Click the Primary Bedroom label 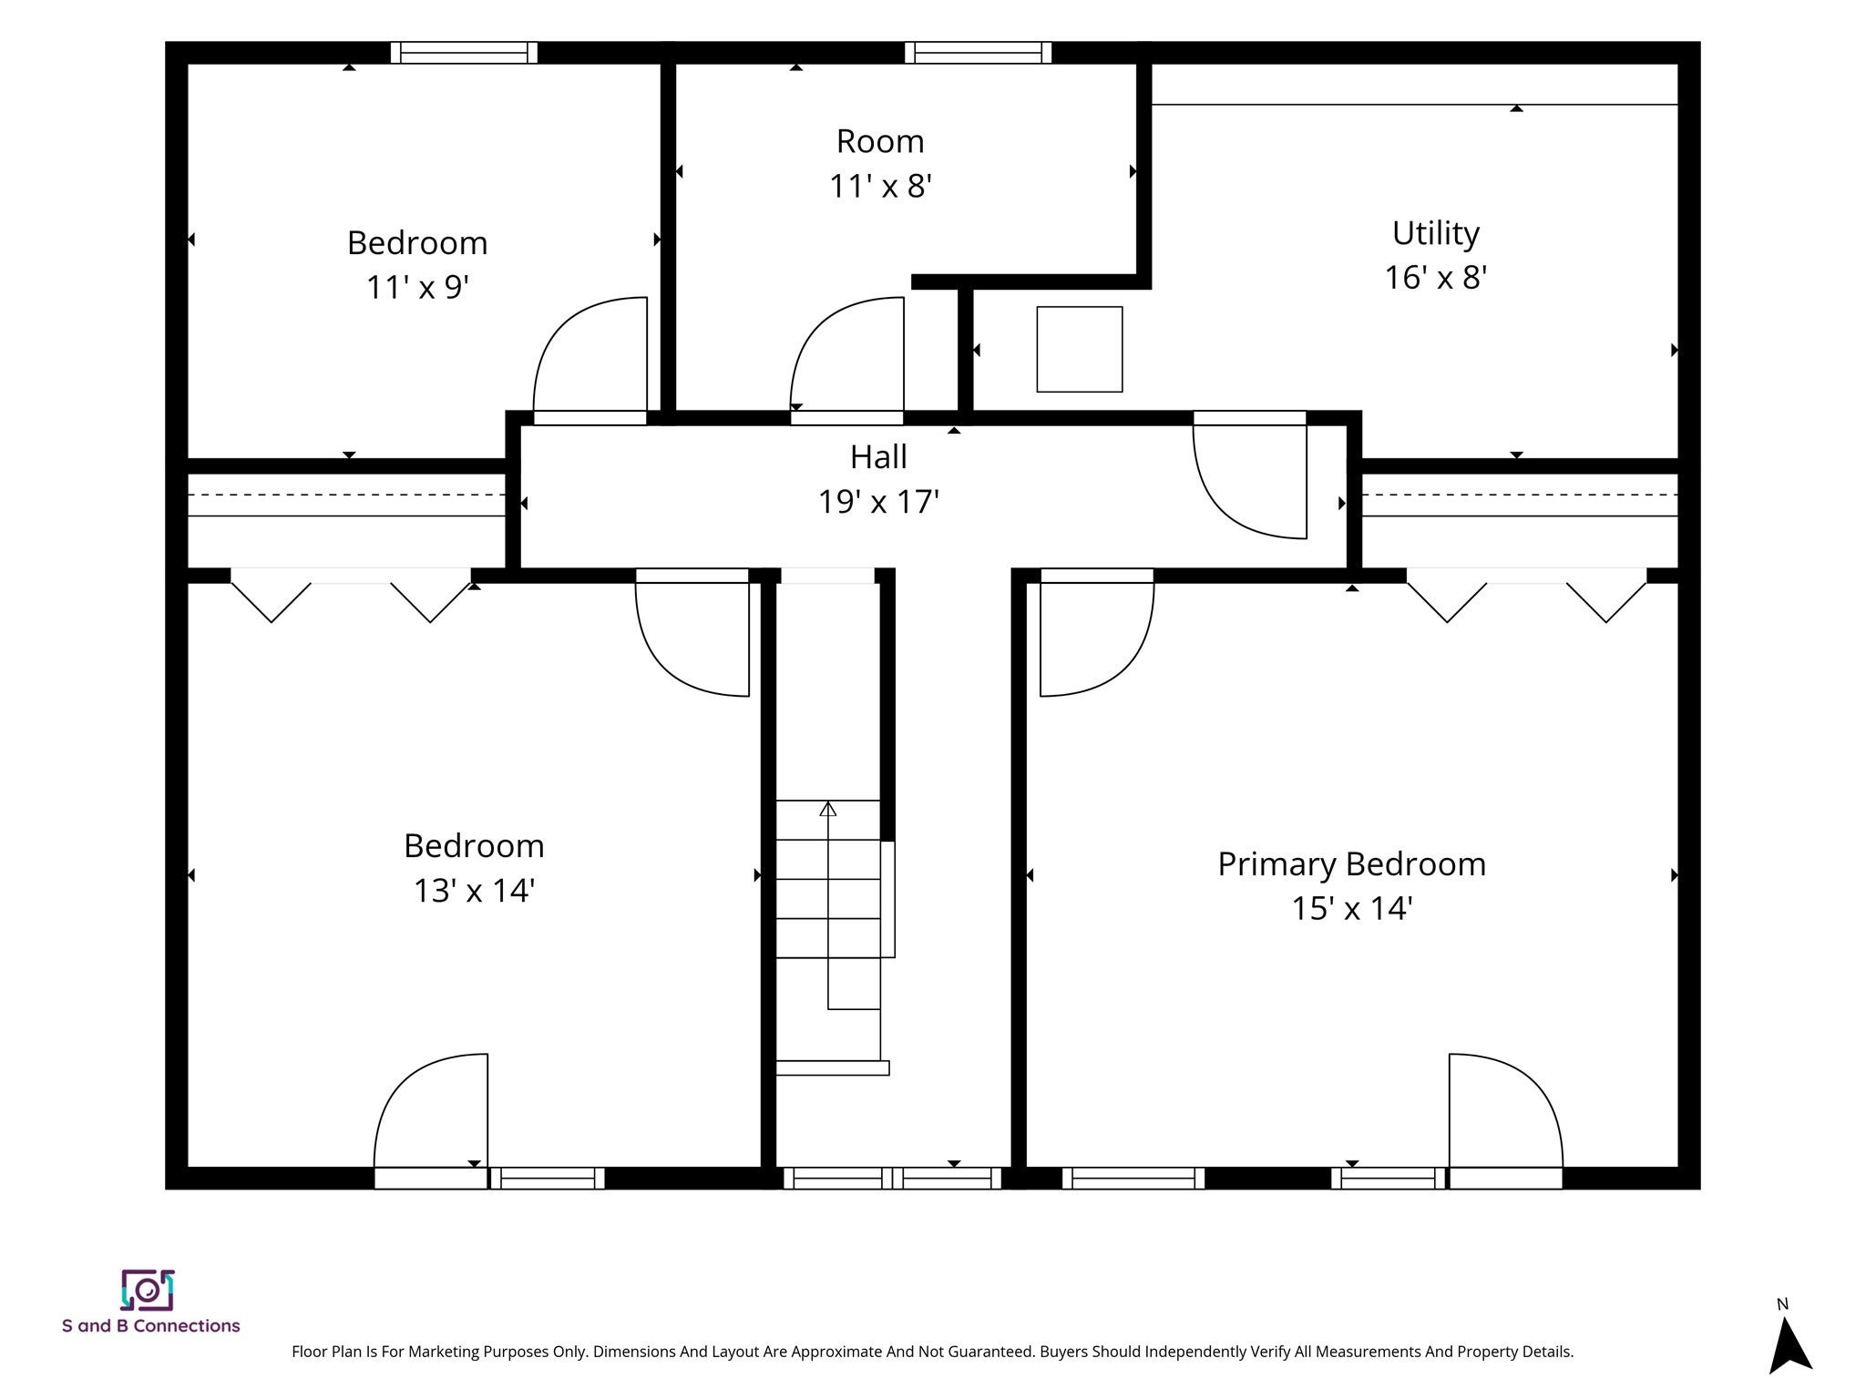[x=1351, y=864]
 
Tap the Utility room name [x=1436, y=233]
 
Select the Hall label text [x=878, y=457]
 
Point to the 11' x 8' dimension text [x=880, y=187]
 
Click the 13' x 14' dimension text [x=474, y=890]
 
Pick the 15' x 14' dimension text [x=1352, y=908]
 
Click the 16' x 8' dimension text [x=1436, y=277]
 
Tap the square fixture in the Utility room [x=1080, y=350]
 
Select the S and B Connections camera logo [x=148, y=1291]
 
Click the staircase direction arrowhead [x=827, y=809]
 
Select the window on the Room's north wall [x=978, y=53]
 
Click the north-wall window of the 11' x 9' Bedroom [x=464, y=53]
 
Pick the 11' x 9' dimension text [x=417, y=288]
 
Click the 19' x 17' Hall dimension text [x=878, y=502]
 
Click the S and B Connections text [x=151, y=1326]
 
